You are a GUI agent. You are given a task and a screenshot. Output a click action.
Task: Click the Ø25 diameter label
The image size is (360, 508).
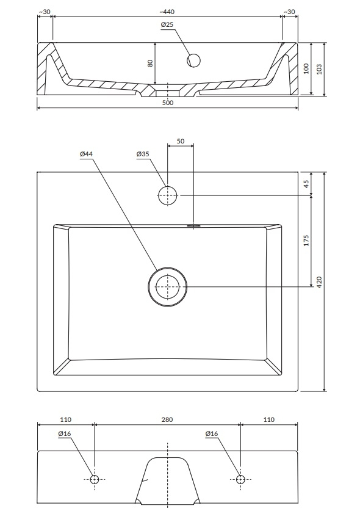pos(167,24)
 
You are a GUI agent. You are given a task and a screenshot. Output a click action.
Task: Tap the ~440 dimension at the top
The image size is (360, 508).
pos(167,12)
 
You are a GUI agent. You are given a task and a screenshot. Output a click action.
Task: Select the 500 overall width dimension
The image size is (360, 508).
pos(168,103)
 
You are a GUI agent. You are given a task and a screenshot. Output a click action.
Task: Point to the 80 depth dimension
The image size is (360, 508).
pos(150,63)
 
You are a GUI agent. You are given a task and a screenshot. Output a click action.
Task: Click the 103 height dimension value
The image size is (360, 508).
pos(319,69)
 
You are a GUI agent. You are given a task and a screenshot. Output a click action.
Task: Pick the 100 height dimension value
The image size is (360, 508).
pos(306,69)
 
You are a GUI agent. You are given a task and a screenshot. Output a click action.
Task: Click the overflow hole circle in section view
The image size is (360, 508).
pos(193,60)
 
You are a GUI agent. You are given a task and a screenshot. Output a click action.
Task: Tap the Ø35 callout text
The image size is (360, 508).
pos(143,154)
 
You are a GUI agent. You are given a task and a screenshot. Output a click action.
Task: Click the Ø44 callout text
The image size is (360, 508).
pos(87,154)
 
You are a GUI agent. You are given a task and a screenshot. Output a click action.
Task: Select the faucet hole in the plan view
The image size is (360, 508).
pos(167,195)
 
